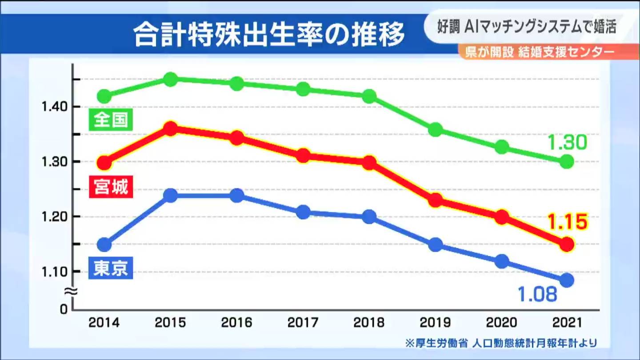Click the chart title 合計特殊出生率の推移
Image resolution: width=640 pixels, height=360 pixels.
pyautogui.click(x=269, y=35)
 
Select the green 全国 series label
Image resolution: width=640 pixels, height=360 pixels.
pyautogui.click(x=111, y=120)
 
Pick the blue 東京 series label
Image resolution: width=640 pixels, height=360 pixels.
pyautogui.click(x=111, y=268)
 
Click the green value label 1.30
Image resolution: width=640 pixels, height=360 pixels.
pyautogui.click(x=567, y=143)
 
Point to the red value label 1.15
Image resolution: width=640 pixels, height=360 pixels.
pyautogui.click(x=567, y=222)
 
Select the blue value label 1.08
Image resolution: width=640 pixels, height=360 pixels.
pyautogui.click(x=537, y=294)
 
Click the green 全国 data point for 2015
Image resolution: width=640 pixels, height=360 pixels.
pyautogui.click(x=171, y=80)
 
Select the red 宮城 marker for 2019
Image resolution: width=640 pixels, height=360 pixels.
pyautogui.click(x=436, y=200)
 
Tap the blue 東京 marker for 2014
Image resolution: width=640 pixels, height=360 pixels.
pyautogui.click(x=104, y=244)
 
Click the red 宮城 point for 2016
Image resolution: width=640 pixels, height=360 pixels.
pyautogui.click(x=237, y=138)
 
